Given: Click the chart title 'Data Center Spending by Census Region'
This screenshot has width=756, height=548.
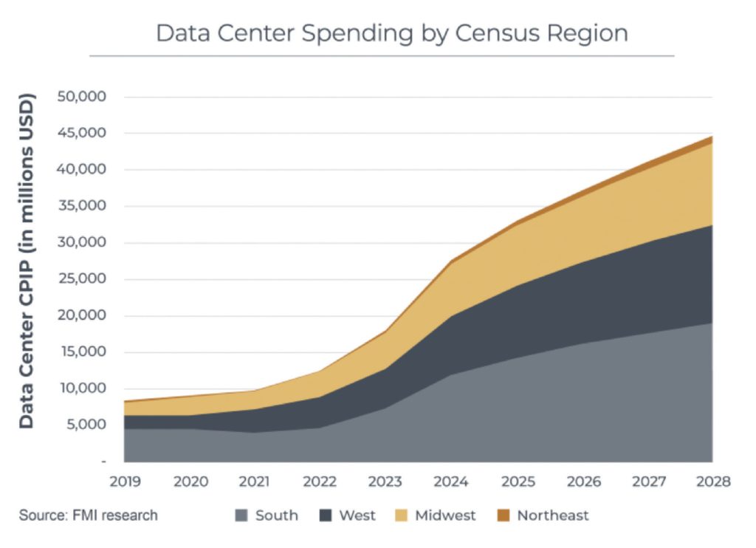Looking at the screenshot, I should [391, 33].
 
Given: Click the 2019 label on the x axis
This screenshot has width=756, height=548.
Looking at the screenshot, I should [125, 482].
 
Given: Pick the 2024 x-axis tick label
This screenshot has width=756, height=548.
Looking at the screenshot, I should [451, 482].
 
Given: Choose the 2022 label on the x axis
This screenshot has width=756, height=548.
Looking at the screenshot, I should [320, 482].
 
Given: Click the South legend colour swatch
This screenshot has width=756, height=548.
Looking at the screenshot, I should [241, 516].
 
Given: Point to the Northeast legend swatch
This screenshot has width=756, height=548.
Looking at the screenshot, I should [504, 516].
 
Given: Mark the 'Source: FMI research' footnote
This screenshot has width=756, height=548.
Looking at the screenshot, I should [88, 516].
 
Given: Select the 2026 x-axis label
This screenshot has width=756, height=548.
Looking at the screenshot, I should [582, 482].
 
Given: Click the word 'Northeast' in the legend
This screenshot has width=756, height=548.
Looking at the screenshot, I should [552, 516].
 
